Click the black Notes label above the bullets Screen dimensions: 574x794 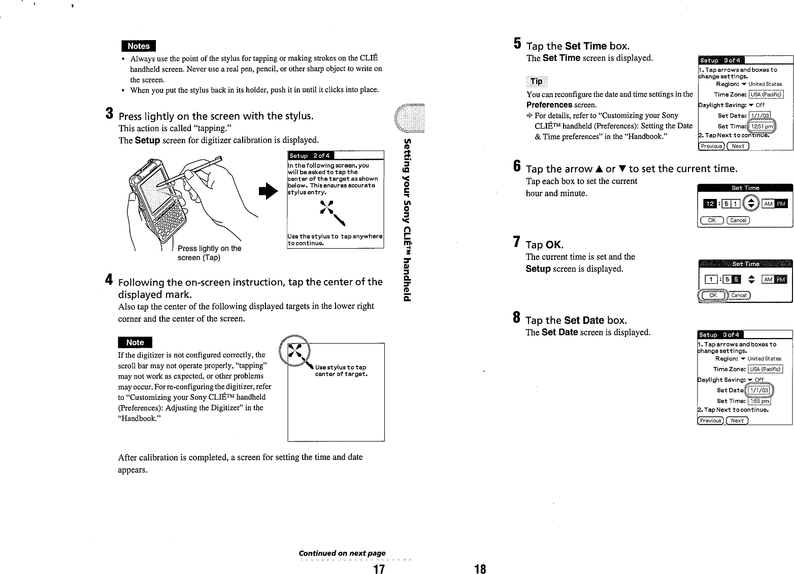point(138,46)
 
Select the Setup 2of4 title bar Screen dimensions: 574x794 point(309,156)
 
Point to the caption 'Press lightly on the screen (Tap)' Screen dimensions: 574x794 point(209,253)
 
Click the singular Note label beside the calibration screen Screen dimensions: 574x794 point(135,343)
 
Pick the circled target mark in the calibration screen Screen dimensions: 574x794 point(296,351)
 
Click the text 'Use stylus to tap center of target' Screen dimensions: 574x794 point(341,370)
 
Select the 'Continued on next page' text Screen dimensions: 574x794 point(342,553)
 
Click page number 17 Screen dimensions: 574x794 point(378,569)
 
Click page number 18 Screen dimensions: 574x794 point(480,569)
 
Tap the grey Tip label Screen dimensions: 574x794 point(536,82)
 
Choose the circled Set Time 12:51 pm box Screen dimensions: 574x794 point(762,126)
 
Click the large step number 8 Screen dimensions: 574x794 point(516,318)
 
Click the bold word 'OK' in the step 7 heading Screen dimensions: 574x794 point(554,245)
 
